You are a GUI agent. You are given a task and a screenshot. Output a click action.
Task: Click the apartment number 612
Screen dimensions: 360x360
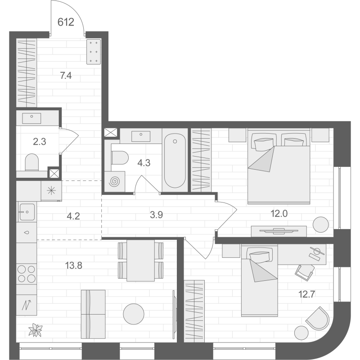[x=66, y=22]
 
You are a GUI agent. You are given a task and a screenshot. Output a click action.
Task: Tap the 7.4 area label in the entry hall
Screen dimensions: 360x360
[x=66, y=76]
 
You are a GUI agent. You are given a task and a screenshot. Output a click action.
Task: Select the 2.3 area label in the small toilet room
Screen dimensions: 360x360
[x=40, y=142]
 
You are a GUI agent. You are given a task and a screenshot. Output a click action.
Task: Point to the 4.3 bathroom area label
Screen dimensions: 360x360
[x=144, y=163]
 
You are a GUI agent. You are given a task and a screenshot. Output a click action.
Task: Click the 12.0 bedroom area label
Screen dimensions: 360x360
[x=279, y=214]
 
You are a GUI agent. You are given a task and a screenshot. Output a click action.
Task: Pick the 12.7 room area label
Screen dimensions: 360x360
[x=306, y=294]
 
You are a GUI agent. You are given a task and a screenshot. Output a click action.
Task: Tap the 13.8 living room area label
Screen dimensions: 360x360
[x=73, y=265]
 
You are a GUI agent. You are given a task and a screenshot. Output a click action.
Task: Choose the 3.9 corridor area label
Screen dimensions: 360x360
[x=156, y=215]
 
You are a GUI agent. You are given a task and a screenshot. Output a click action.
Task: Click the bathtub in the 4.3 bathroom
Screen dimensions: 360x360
[x=175, y=161]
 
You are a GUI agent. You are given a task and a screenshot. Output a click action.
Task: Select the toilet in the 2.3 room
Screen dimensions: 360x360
[x=31, y=162]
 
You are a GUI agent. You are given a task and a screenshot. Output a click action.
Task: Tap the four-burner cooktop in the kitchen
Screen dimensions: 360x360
[x=27, y=274]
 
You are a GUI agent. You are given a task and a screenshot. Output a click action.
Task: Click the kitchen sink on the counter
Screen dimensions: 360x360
[x=27, y=211]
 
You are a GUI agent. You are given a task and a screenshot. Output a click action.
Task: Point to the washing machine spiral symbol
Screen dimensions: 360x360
[x=114, y=182]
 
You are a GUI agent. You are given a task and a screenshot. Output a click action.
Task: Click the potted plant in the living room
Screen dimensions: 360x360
[x=36, y=330]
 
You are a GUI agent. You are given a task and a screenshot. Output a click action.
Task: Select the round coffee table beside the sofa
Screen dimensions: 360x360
[x=134, y=314]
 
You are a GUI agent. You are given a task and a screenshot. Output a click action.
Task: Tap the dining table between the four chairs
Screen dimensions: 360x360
[x=140, y=261]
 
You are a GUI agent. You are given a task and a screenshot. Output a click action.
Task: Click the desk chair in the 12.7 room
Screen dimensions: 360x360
[x=305, y=272]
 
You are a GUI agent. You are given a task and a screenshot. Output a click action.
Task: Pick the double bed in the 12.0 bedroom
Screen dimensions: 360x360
[x=279, y=166]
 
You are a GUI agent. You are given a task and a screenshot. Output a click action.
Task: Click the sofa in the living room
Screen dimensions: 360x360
[x=93, y=314]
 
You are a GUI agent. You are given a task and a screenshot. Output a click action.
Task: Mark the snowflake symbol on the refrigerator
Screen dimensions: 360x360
[x=51, y=191]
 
